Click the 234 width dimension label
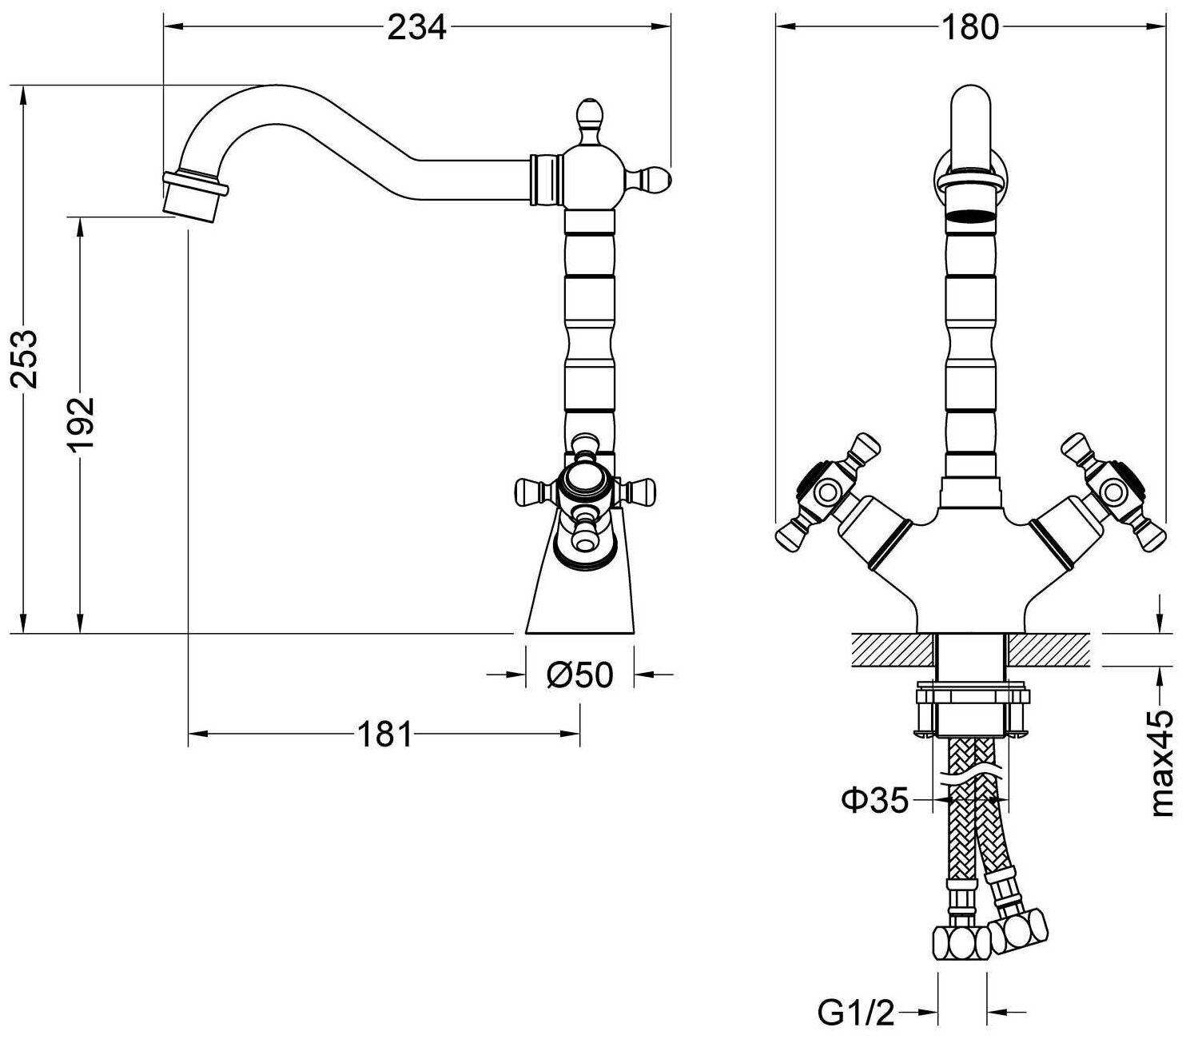[x=416, y=28]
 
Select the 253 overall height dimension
[x=27, y=357]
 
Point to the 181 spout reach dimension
[x=384, y=734]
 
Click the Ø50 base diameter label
[x=579, y=675]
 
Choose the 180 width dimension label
[x=970, y=28]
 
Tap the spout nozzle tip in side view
[x=192, y=197]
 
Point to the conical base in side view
[x=581, y=591]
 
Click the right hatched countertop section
[x=1049, y=650]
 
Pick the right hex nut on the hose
[x=1018, y=930]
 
